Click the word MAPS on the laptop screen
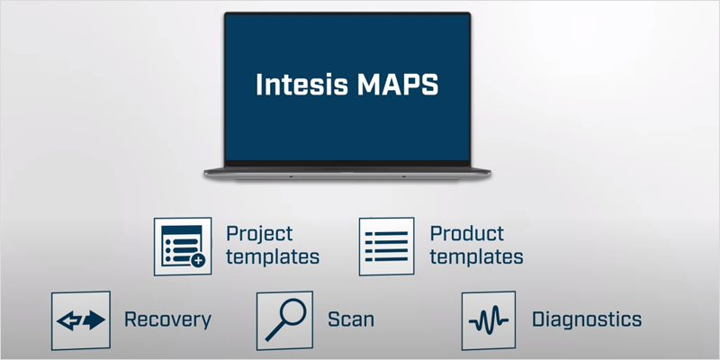[399, 86]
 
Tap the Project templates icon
[183, 245]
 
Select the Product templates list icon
[387, 245]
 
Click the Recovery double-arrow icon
[80, 320]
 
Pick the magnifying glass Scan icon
[284, 319]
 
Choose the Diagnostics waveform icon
[489, 320]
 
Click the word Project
[259, 234]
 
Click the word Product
[466, 234]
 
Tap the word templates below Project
[273, 256]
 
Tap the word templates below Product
[477, 256]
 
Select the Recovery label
[167, 319]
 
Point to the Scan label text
[351, 319]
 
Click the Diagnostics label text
[586, 319]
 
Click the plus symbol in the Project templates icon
[198, 260]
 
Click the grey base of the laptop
[347, 171]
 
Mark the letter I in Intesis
[259, 86]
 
